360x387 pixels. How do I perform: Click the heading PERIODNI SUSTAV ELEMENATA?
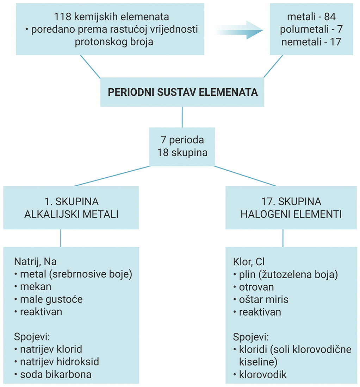(x=182, y=92)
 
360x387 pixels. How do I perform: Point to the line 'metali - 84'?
(x=311, y=17)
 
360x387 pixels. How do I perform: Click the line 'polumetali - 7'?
(x=311, y=30)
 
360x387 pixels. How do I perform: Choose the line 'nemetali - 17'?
(x=311, y=42)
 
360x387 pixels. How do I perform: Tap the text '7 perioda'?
(x=182, y=140)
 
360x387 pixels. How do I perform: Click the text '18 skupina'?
(x=182, y=153)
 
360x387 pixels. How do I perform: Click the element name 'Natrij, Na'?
(x=35, y=262)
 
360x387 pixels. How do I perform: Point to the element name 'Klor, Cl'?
(x=249, y=262)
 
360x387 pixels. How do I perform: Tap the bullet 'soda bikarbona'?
(x=56, y=374)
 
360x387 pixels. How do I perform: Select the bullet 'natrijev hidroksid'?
(x=59, y=362)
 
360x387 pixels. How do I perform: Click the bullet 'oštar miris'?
(x=263, y=299)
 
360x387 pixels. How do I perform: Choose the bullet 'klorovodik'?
(x=262, y=374)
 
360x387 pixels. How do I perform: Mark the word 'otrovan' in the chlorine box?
(x=256, y=287)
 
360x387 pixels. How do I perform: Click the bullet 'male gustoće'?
(x=51, y=299)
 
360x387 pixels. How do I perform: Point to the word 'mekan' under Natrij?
(x=36, y=287)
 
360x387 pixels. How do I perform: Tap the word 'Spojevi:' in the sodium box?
(x=32, y=337)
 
